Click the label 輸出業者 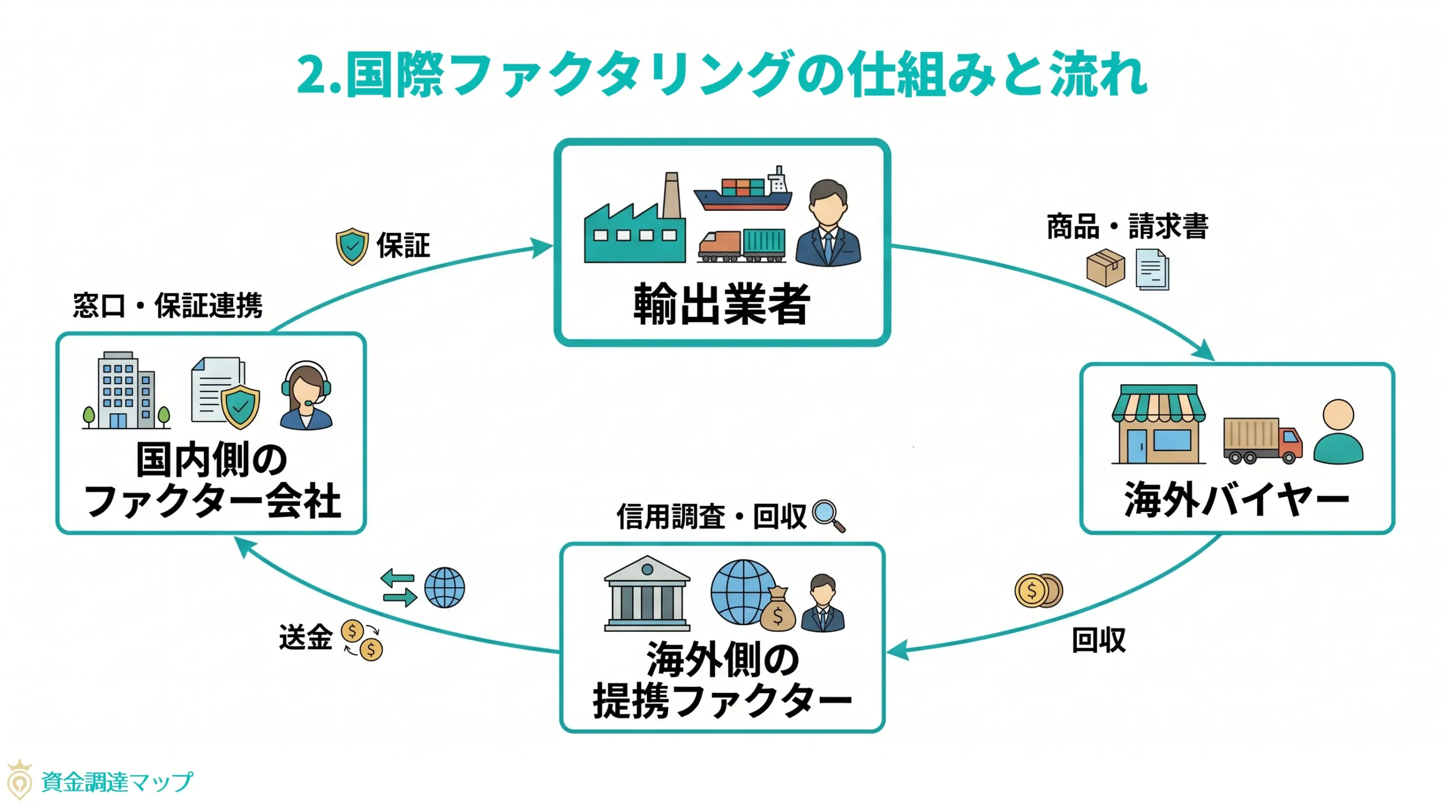tap(721, 305)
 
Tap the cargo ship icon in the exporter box tap(743, 191)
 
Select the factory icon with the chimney tap(635, 223)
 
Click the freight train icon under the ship tap(741, 246)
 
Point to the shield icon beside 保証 tap(352, 246)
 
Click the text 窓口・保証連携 tap(168, 306)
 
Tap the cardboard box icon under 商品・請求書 tap(1105, 267)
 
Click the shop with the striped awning tap(1158, 424)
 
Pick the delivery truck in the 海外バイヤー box tap(1262, 441)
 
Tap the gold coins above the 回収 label tap(1038, 591)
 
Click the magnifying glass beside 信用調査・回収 tap(828, 516)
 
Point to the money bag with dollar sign tap(777, 610)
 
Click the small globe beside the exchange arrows tap(444, 587)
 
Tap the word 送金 tap(305, 637)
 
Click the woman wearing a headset tap(306, 395)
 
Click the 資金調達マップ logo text tap(117, 782)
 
